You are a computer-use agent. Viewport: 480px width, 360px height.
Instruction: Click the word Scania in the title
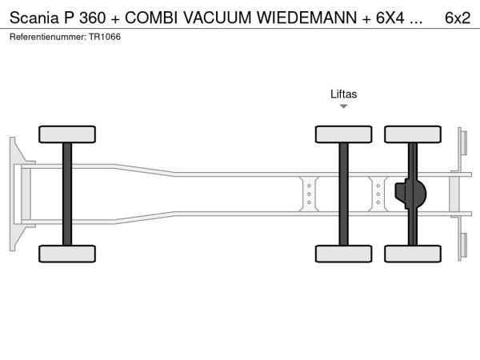click(x=34, y=18)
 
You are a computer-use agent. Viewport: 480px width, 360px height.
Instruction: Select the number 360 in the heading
click(x=93, y=18)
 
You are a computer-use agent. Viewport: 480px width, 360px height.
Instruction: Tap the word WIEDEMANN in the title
click(x=306, y=18)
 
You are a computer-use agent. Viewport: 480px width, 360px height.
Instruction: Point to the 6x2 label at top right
click(x=458, y=18)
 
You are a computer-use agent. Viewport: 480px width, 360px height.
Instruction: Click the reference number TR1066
click(x=105, y=37)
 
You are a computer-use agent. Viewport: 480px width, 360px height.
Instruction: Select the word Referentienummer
click(x=48, y=37)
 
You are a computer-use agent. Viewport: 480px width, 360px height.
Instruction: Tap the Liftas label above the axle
click(x=343, y=94)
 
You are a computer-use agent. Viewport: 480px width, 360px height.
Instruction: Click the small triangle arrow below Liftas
click(x=343, y=106)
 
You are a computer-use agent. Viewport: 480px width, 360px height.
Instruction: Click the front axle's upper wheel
click(x=67, y=134)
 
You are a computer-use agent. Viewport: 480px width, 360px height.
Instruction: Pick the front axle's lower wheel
click(x=67, y=254)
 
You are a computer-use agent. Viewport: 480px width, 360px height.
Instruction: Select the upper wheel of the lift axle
click(x=343, y=134)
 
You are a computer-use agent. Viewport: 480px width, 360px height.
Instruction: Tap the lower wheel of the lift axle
click(x=343, y=254)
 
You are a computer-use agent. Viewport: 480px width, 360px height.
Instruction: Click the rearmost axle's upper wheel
click(x=413, y=134)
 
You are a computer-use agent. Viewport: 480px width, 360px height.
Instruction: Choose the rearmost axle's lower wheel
click(x=413, y=254)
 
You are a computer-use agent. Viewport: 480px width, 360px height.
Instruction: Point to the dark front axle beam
click(x=67, y=194)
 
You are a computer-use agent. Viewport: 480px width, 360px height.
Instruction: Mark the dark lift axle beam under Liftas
click(x=343, y=194)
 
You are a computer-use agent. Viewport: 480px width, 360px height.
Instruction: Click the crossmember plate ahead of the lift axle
click(x=309, y=194)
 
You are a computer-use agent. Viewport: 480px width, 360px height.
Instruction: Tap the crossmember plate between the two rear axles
click(x=378, y=194)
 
